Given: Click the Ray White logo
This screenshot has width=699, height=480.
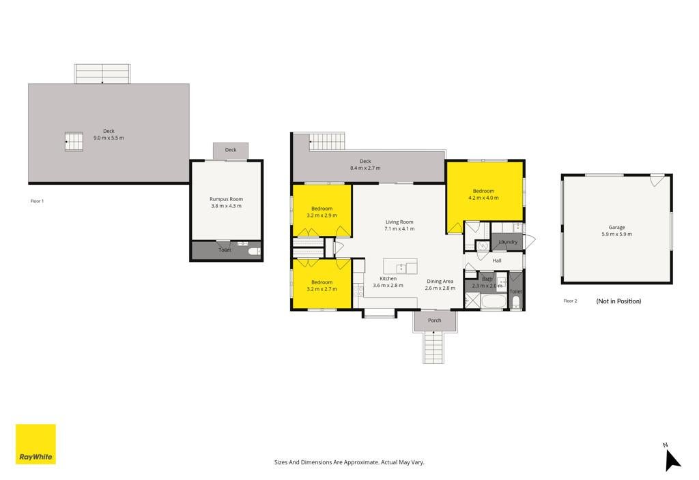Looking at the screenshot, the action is [35, 444].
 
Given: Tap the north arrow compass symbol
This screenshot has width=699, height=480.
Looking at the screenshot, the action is [672, 460].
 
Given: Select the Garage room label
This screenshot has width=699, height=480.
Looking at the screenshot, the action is [616, 227].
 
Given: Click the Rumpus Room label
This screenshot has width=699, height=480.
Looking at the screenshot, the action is [226, 199].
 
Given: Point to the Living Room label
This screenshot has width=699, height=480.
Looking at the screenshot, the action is [399, 222].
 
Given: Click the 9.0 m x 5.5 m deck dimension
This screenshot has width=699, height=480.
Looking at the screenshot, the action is [109, 138].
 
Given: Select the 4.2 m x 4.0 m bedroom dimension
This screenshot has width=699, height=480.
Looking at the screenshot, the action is [483, 198].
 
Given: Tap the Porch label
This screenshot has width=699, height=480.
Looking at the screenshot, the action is [435, 320].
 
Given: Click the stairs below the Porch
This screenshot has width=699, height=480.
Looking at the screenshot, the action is [433, 347].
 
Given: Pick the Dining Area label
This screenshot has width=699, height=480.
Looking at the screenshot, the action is [440, 282].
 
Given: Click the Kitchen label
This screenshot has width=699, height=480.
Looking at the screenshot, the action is [388, 278].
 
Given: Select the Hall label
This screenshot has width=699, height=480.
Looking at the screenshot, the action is [497, 260].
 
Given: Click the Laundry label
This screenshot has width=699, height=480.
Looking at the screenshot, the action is [508, 242].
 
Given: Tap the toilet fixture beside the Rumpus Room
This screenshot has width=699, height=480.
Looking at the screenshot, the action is [254, 252].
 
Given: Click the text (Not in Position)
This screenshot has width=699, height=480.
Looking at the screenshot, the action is [618, 301].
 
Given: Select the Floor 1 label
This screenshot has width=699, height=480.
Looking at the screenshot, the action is [37, 201].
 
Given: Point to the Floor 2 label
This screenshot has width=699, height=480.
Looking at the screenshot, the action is [570, 301].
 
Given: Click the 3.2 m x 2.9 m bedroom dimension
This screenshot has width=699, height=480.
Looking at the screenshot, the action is [322, 215].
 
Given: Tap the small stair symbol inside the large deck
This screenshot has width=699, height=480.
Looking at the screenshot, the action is [74, 142].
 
